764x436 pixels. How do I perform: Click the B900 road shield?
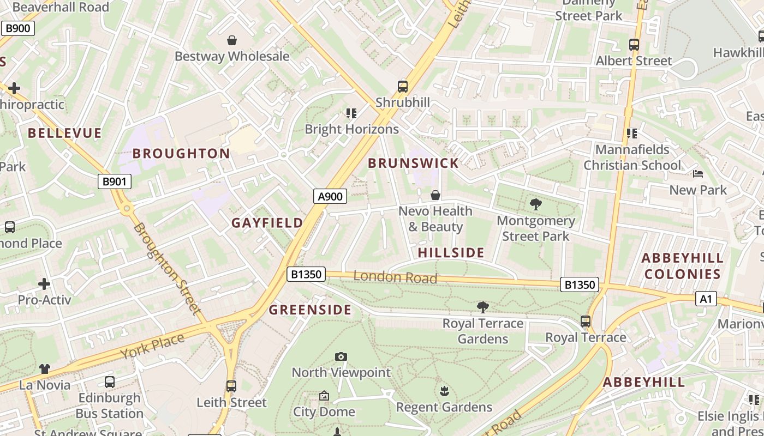coord(17,28)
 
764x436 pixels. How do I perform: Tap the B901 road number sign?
coord(115,181)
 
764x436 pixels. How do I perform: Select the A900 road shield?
coord(330,196)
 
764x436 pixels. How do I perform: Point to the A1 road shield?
coord(706,299)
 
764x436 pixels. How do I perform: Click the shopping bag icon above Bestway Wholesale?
coord(232,40)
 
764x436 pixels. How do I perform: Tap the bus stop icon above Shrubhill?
coord(403,86)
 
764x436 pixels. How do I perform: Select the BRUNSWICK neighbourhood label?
coord(413,163)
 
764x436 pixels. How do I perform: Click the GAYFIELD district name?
coord(267,223)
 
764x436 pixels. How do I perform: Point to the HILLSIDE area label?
coord(451,253)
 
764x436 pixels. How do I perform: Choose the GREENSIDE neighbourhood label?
coord(310,310)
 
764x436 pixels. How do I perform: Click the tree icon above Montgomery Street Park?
coord(536,204)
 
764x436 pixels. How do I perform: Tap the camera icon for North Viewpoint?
coord(341,356)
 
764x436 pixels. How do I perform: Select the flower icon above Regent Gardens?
coord(444,391)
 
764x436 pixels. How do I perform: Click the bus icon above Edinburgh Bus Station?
coord(110,382)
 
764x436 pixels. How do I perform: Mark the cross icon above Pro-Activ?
coord(44,284)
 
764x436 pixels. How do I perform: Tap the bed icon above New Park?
coord(698,174)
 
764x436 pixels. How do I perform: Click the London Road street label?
coord(395,277)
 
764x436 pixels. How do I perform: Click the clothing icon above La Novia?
coord(45,369)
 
